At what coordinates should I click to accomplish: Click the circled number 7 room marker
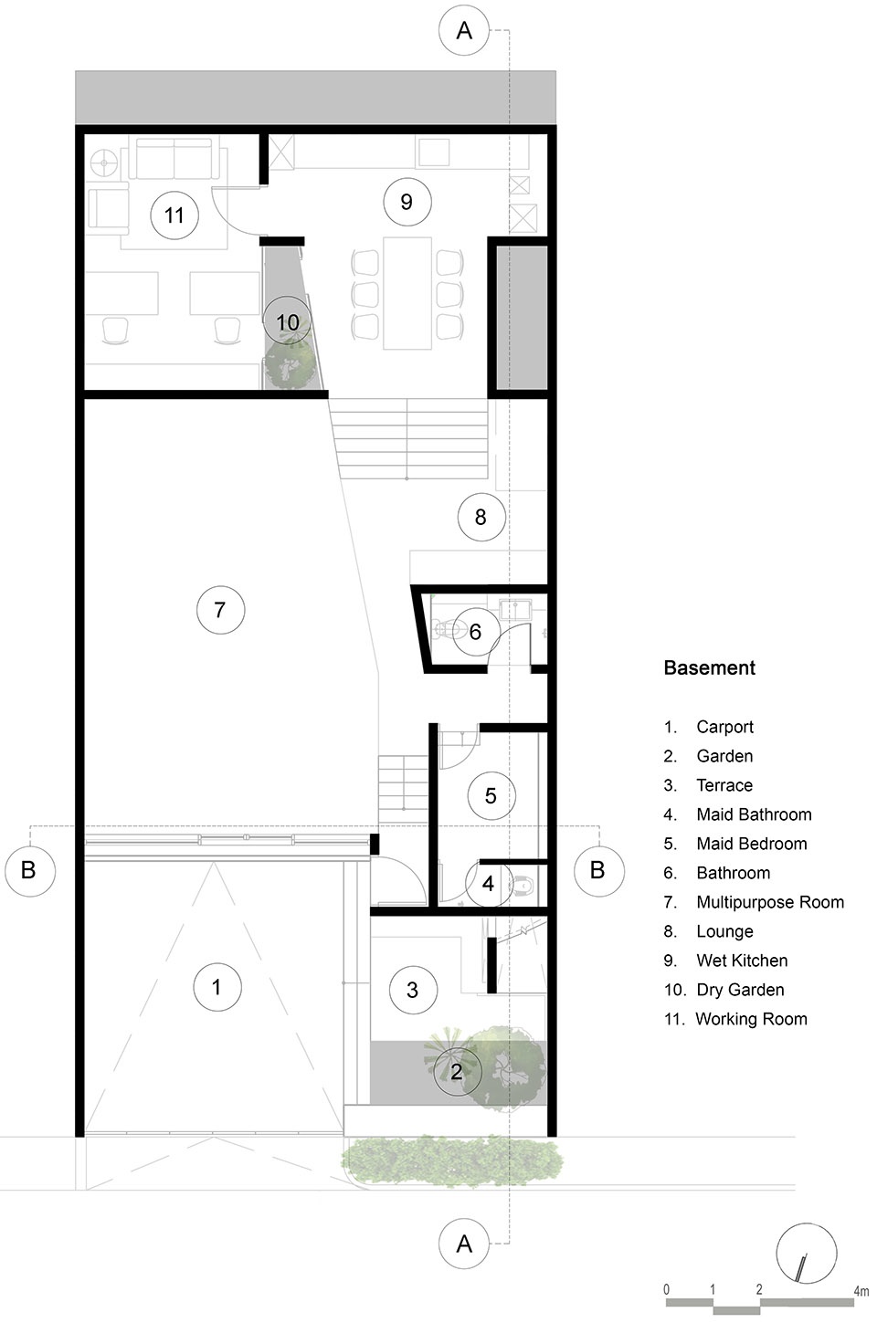point(220,610)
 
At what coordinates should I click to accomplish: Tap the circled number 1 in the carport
point(217,987)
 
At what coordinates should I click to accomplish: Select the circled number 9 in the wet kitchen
point(407,202)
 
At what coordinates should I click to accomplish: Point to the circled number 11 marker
point(174,215)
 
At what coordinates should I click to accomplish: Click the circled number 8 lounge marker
point(481,518)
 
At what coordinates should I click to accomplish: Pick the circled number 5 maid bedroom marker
point(491,795)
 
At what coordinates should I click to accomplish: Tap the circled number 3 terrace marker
point(413,990)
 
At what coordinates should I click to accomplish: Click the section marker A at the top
point(464,31)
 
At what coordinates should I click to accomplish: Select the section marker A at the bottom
point(464,1244)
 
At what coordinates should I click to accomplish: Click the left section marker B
point(29,870)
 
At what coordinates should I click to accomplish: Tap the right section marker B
point(598,870)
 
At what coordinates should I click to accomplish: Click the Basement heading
point(709,668)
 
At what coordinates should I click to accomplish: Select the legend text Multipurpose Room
point(770,902)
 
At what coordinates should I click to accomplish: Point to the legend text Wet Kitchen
point(742,961)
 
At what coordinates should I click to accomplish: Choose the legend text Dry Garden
point(740,990)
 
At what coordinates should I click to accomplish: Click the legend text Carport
point(724,727)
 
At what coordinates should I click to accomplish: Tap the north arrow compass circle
point(806,1253)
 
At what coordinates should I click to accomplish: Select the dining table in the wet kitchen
point(407,293)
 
